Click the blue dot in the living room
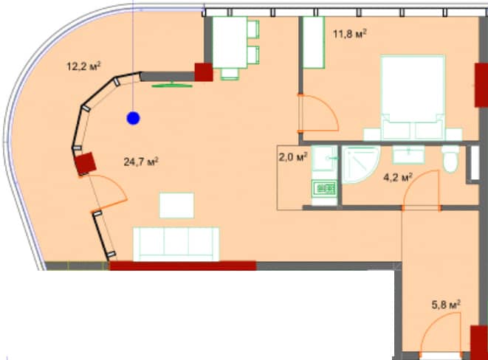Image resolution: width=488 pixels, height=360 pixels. pos(132,117)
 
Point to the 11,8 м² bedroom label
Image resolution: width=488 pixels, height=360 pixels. pos(351,33)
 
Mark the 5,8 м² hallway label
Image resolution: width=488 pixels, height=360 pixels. pos(446,303)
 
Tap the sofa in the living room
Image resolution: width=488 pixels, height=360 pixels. pos(176,243)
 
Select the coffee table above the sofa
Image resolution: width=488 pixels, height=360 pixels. pos(177,205)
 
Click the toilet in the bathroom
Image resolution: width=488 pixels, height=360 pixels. pos(450,158)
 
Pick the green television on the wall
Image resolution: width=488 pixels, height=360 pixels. pos(171,85)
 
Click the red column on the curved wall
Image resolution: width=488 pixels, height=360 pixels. pos(86,163)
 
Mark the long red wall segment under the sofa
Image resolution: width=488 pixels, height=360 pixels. pos(182,266)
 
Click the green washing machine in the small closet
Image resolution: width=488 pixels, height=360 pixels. pos(323,189)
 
